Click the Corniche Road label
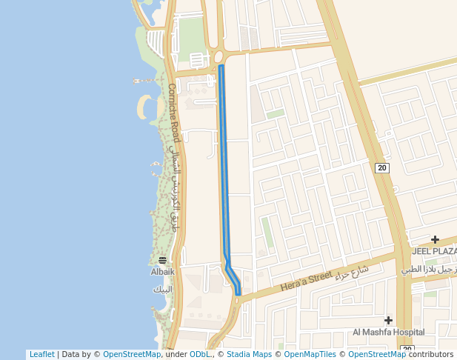pyautogui.click(x=173, y=113)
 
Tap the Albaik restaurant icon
pyautogui.click(x=162, y=260)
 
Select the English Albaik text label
pyautogui.click(x=162, y=272)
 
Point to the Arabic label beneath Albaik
pyautogui.click(x=162, y=289)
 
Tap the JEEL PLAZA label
pyautogui.click(x=434, y=251)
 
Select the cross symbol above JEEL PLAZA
pyautogui.click(x=435, y=239)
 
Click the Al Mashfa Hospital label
pyautogui.click(x=388, y=332)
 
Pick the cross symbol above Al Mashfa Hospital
pyautogui.click(x=388, y=320)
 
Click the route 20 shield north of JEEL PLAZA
pyautogui.click(x=381, y=168)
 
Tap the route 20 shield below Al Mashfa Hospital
pyautogui.click(x=406, y=348)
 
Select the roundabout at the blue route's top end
pyautogui.click(x=219, y=57)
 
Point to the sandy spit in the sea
pyautogui.click(x=141, y=108)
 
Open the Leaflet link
pyautogui.click(x=41, y=355)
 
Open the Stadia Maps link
pyautogui.click(x=249, y=355)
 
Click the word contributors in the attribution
pyautogui.click(x=431, y=355)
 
